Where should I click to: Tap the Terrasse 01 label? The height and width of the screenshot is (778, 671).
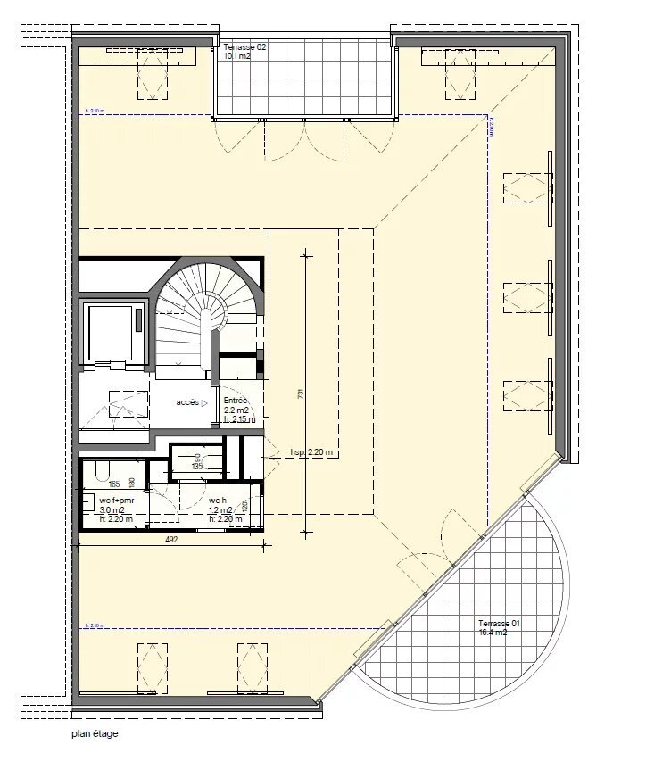498,623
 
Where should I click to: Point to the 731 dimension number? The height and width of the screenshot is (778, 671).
302,396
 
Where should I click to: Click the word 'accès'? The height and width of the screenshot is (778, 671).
186,402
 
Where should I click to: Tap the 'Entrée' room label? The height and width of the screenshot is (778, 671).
236,401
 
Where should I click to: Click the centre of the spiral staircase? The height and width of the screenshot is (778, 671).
212,314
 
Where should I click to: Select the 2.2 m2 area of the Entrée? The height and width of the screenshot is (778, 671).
236,410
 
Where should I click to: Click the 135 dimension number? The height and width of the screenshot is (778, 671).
197,466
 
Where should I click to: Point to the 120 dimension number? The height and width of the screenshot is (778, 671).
244,506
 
